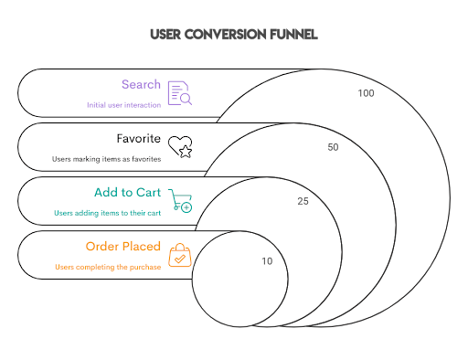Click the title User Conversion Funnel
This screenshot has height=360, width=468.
coord(234,35)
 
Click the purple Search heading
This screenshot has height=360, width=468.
coord(141,85)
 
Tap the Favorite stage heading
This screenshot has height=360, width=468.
coord(138,140)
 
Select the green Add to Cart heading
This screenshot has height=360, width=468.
coord(127,193)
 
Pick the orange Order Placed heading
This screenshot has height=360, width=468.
coord(122,247)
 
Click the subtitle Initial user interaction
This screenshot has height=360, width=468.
coord(123,105)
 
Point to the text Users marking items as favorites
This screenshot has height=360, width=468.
coord(106,159)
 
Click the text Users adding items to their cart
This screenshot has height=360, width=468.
coord(108,213)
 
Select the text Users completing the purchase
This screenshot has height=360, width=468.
coord(107,267)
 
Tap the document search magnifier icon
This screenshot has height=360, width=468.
coord(179,93)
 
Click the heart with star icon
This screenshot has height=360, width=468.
coord(180,147)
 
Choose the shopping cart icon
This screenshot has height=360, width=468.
coord(181,201)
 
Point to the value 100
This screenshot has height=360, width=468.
coord(367,93)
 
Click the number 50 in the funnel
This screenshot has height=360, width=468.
coord(333,147)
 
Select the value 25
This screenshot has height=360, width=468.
coord(303,201)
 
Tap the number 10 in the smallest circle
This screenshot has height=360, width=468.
coord(266,261)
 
